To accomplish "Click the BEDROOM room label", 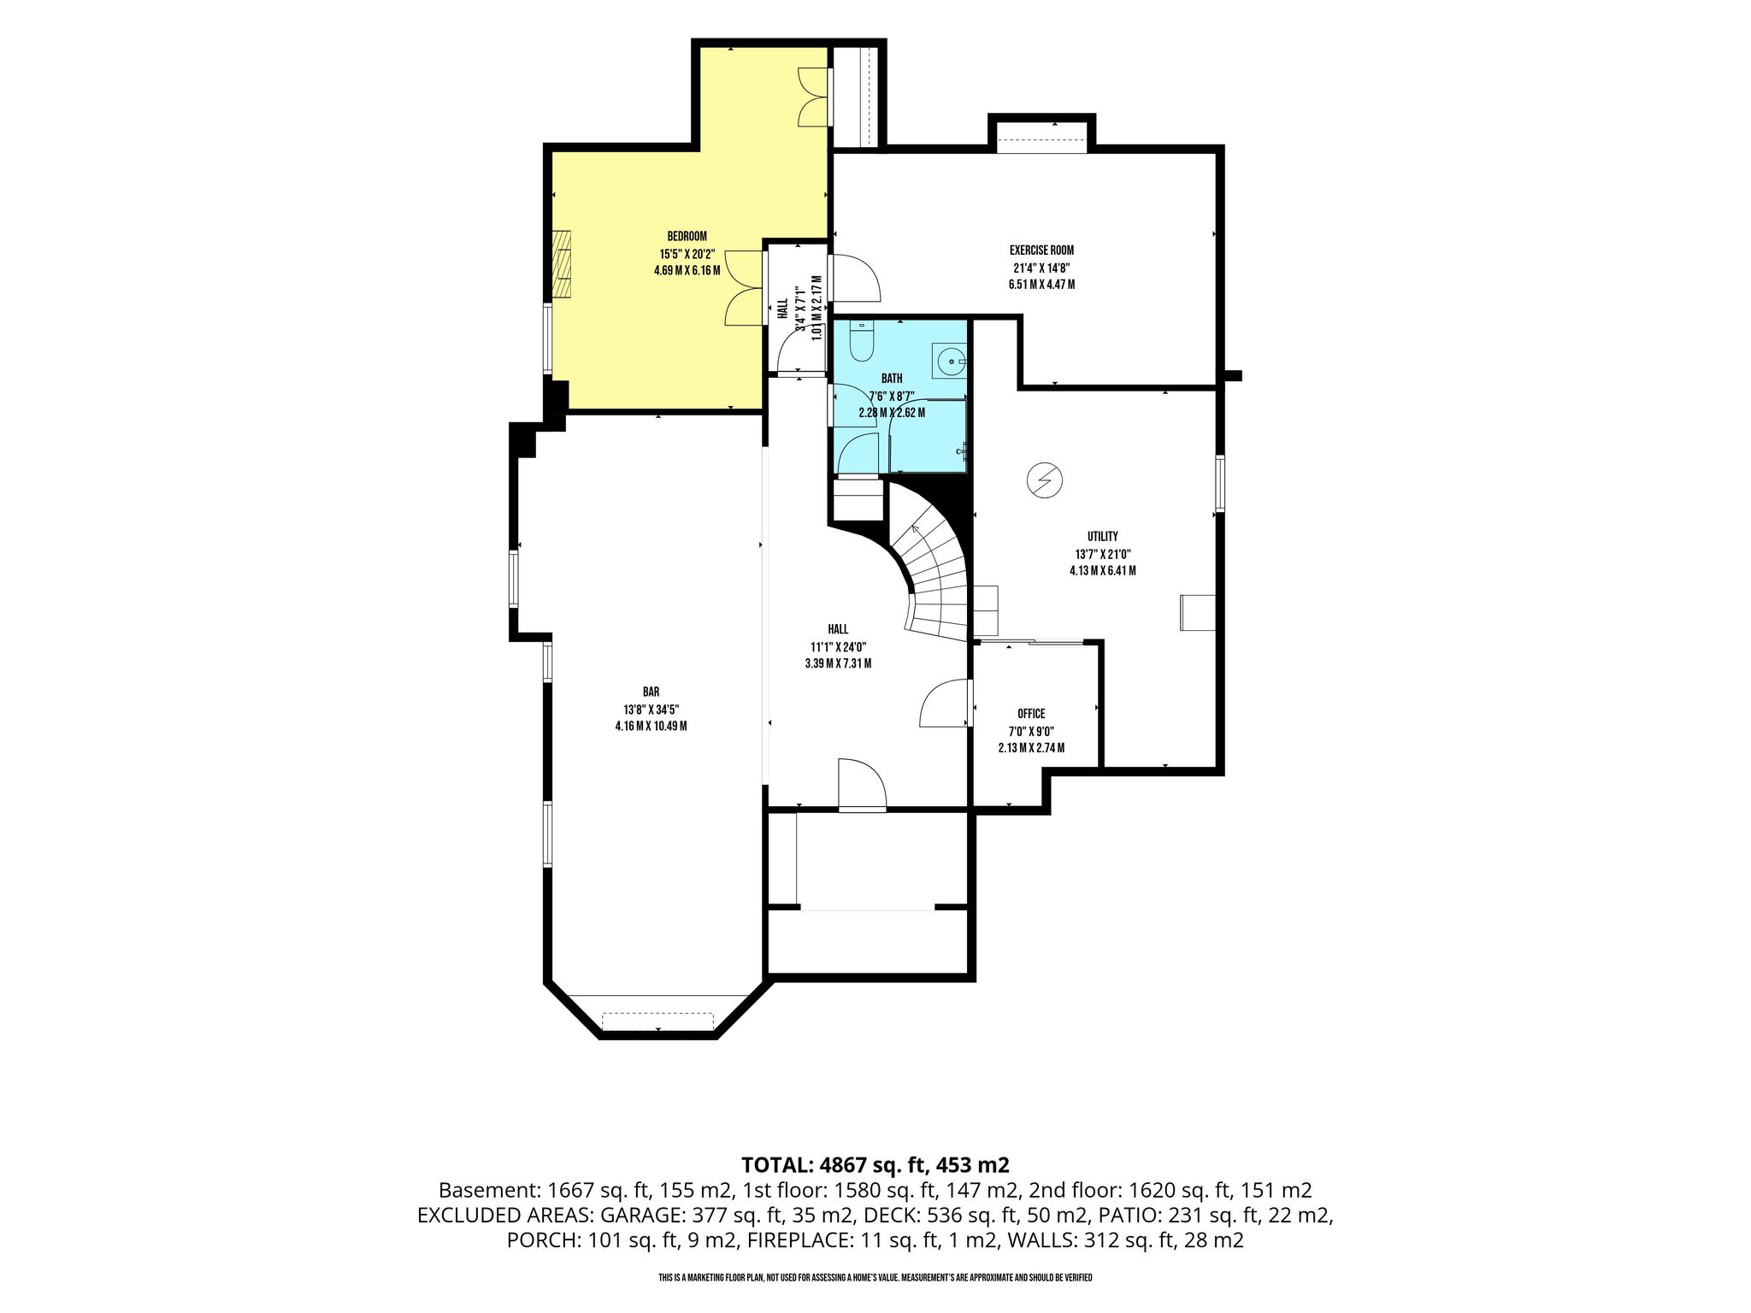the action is click(x=687, y=237).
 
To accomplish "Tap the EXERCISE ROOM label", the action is click(x=1041, y=250).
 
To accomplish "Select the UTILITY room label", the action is click(x=1103, y=536).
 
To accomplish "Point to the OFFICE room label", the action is click(x=1031, y=714).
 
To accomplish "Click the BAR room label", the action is click(x=651, y=692).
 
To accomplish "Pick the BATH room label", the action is click(x=892, y=379).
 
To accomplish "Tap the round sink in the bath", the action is click(x=950, y=362).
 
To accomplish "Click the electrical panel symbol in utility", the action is click(x=1044, y=480).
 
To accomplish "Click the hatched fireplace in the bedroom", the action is click(x=561, y=264).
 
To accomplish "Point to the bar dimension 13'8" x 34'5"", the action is click(x=651, y=709).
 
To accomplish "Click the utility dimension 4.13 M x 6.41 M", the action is click(x=1103, y=571).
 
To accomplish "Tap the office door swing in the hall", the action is click(x=945, y=703).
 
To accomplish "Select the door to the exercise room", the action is click(x=855, y=278).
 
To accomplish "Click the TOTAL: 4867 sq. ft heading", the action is click(x=875, y=1164).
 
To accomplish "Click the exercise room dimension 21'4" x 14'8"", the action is click(x=1041, y=268).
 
